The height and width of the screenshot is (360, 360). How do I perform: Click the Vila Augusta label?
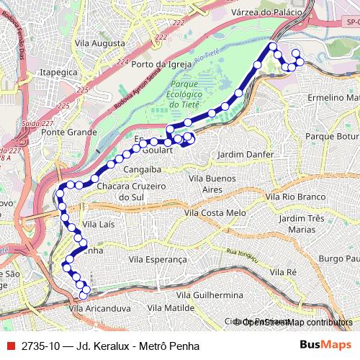pyautogui.click(x=99, y=43)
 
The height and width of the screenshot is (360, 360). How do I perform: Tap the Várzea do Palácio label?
pyautogui.click(x=264, y=12)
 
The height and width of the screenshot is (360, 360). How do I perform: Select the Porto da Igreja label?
pyautogui.click(x=162, y=64)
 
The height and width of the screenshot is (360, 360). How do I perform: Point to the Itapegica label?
pyautogui.click(x=58, y=73)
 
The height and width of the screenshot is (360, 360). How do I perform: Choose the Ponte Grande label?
pyautogui.click(x=69, y=132)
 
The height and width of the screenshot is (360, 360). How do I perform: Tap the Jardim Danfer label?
pyautogui.click(x=246, y=155)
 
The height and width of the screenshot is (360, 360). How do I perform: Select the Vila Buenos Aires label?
pyautogui.click(x=212, y=184)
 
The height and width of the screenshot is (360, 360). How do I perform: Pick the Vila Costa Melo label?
pyautogui.click(x=215, y=213)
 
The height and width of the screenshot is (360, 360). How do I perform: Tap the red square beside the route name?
pyautogui.click(x=9, y=346)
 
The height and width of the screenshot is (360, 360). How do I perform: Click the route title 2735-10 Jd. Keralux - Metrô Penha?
pyautogui.click(x=99, y=346)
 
